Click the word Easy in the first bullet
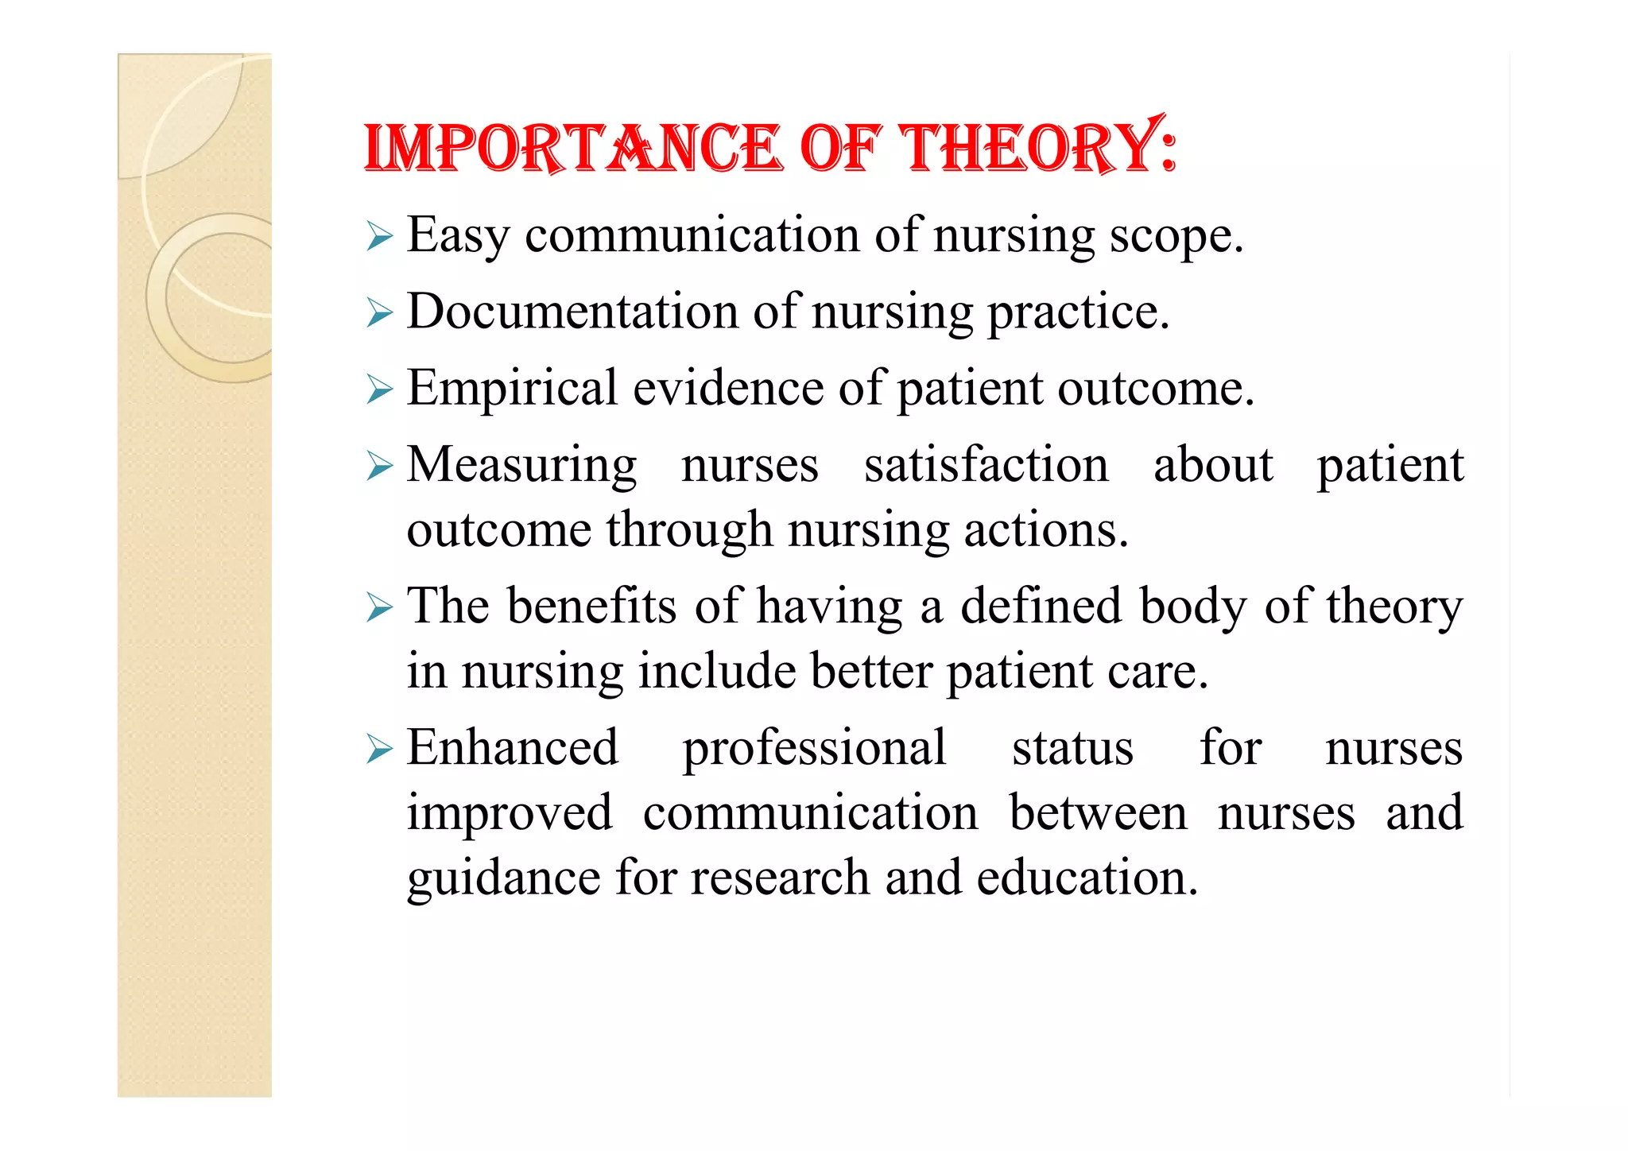(x=458, y=236)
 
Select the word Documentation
(x=572, y=311)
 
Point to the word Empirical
(x=513, y=389)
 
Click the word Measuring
(x=521, y=465)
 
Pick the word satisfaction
(x=986, y=465)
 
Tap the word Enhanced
(x=513, y=748)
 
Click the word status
(x=1072, y=748)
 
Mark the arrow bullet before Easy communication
(x=380, y=237)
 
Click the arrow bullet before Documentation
(x=380, y=313)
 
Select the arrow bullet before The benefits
(x=380, y=609)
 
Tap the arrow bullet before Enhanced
(x=380, y=750)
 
